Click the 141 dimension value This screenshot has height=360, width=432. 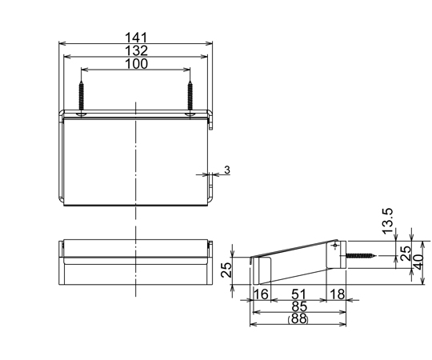[136, 38]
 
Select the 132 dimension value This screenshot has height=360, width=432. [136, 50]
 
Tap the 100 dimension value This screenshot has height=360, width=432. [136, 64]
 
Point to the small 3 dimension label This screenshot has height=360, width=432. [227, 170]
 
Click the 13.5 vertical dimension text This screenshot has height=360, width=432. [388, 221]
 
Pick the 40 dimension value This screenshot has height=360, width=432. [418, 262]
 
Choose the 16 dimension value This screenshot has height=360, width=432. [261, 294]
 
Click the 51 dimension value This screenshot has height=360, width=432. [298, 294]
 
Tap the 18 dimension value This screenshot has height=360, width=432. [338, 294]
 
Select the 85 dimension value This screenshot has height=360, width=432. [299, 306]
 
